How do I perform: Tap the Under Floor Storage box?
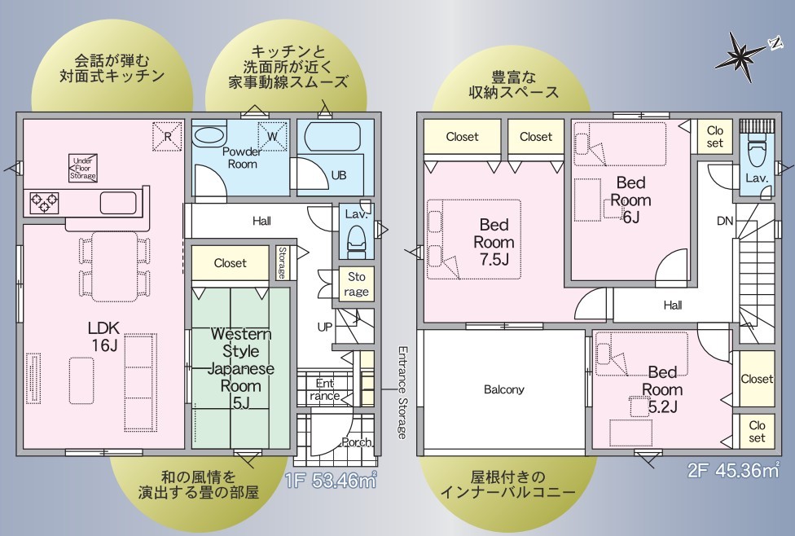pos(83,169)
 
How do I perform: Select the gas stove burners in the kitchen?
pos(44,202)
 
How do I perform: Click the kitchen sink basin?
pos(118,203)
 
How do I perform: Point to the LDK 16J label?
pos(104,336)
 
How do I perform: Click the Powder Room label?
pos(242,158)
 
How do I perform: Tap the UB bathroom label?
pos(339,175)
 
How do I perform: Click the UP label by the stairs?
pos(324,327)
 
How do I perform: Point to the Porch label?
pos(357,442)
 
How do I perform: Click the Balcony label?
pos(504,389)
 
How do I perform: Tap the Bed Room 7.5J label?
pos(494,242)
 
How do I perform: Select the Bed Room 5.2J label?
pos(662,389)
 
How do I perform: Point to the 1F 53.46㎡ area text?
pos(331,480)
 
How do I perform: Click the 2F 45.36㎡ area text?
pos(733,470)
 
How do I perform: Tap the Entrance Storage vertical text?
pos(402,393)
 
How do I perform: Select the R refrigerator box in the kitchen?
pos(167,136)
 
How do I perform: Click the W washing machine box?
pos(272,136)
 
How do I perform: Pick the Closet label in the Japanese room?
pos(231,263)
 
